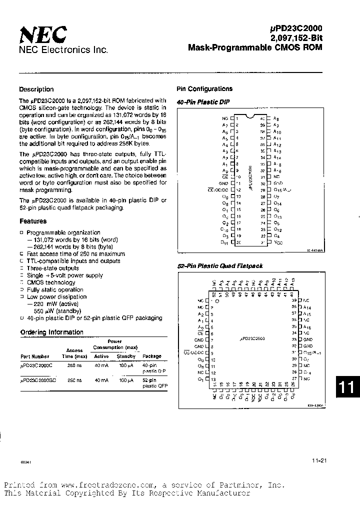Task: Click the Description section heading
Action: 36,89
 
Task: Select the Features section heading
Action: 33,221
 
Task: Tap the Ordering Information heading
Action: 51,332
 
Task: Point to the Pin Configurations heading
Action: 204,89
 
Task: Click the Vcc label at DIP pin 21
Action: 278,242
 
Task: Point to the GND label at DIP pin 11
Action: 223,183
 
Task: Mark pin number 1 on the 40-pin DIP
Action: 237,118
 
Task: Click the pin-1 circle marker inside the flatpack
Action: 217,301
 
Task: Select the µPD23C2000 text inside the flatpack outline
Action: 252,338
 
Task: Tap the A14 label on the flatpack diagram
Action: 307,307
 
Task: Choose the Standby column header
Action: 126,356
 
